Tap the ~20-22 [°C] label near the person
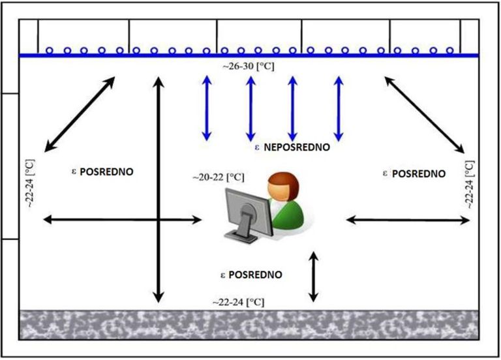click(218, 177)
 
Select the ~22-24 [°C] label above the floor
click(238, 303)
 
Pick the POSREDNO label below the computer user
click(256, 275)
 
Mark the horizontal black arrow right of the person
click(408, 220)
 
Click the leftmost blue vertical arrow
click(207, 108)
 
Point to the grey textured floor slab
click(250, 333)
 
